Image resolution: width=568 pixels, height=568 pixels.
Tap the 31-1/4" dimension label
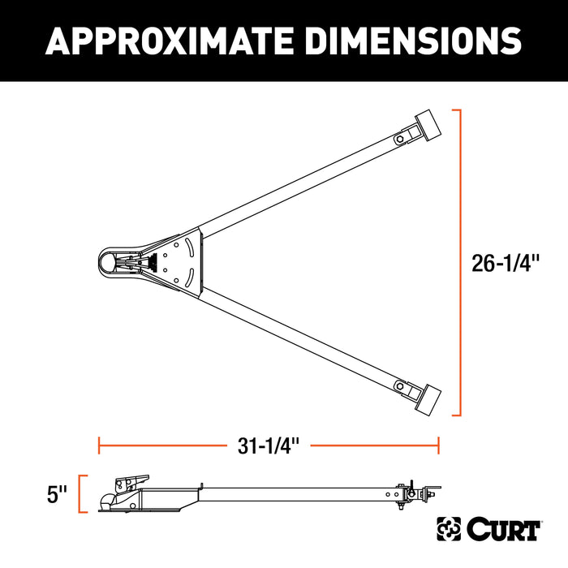point(268,445)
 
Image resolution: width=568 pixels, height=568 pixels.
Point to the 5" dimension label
point(57,494)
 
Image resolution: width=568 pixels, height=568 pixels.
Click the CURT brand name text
point(503,529)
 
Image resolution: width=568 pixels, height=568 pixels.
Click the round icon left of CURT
point(450,529)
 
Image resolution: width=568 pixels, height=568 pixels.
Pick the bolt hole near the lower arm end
point(401,386)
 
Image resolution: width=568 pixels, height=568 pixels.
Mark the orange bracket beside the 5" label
point(82,494)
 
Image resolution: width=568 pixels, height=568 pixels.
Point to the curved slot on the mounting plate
point(193,264)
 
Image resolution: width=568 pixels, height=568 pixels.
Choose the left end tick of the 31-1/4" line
point(99,445)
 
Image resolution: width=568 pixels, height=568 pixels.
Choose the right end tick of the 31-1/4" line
point(439,445)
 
